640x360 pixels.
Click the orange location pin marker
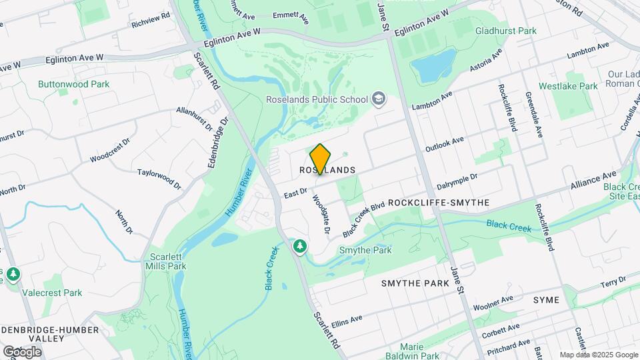point(321,159)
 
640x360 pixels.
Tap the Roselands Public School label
point(317,100)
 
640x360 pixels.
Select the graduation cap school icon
point(379,99)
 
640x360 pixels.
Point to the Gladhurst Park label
point(505,31)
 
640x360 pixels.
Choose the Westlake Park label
point(568,86)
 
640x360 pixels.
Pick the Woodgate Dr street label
point(321,214)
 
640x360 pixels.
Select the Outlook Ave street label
point(444,145)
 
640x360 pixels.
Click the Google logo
point(22,351)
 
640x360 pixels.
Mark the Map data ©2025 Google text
point(598,355)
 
